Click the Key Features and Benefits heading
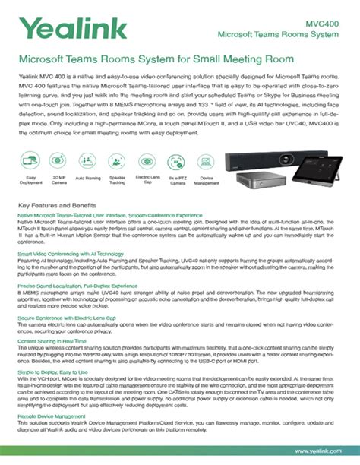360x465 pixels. click(x=56, y=206)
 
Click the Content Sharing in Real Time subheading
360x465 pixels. click(x=55, y=342)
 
